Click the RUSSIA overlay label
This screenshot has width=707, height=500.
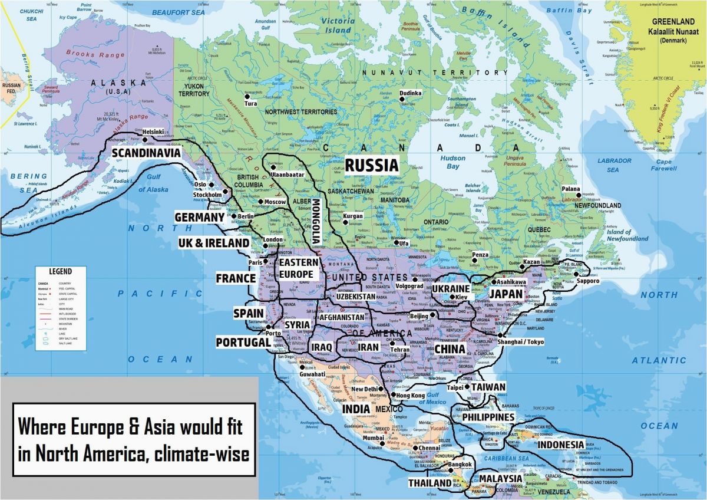pyautogui.click(x=371, y=166)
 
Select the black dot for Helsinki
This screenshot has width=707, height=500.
pyautogui.click(x=145, y=139)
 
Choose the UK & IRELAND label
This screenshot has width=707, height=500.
pyautogui.click(x=214, y=243)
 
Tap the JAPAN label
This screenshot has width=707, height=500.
pyautogui.click(x=505, y=294)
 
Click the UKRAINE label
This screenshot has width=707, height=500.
pyautogui.click(x=450, y=288)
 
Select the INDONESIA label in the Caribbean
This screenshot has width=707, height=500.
pyautogui.click(x=561, y=444)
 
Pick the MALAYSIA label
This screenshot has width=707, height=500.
pyautogui.click(x=500, y=478)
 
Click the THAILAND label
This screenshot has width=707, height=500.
pyautogui.click(x=430, y=483)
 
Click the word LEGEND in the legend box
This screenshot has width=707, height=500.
pyautogui.click(x=60, y=272)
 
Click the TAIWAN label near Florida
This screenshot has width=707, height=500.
pyautogui.click(x=488, y=387)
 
